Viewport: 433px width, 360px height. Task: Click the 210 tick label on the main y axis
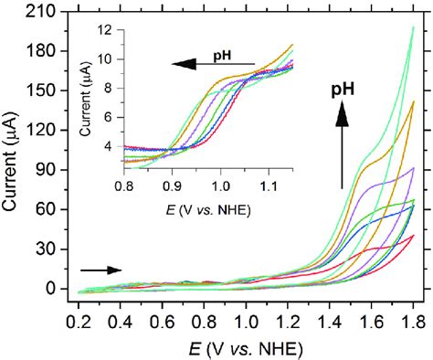[x=45, y=12]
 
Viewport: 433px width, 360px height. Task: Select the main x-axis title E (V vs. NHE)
[x=245, y=347]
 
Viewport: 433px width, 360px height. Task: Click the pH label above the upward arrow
[x=345, y=90]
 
